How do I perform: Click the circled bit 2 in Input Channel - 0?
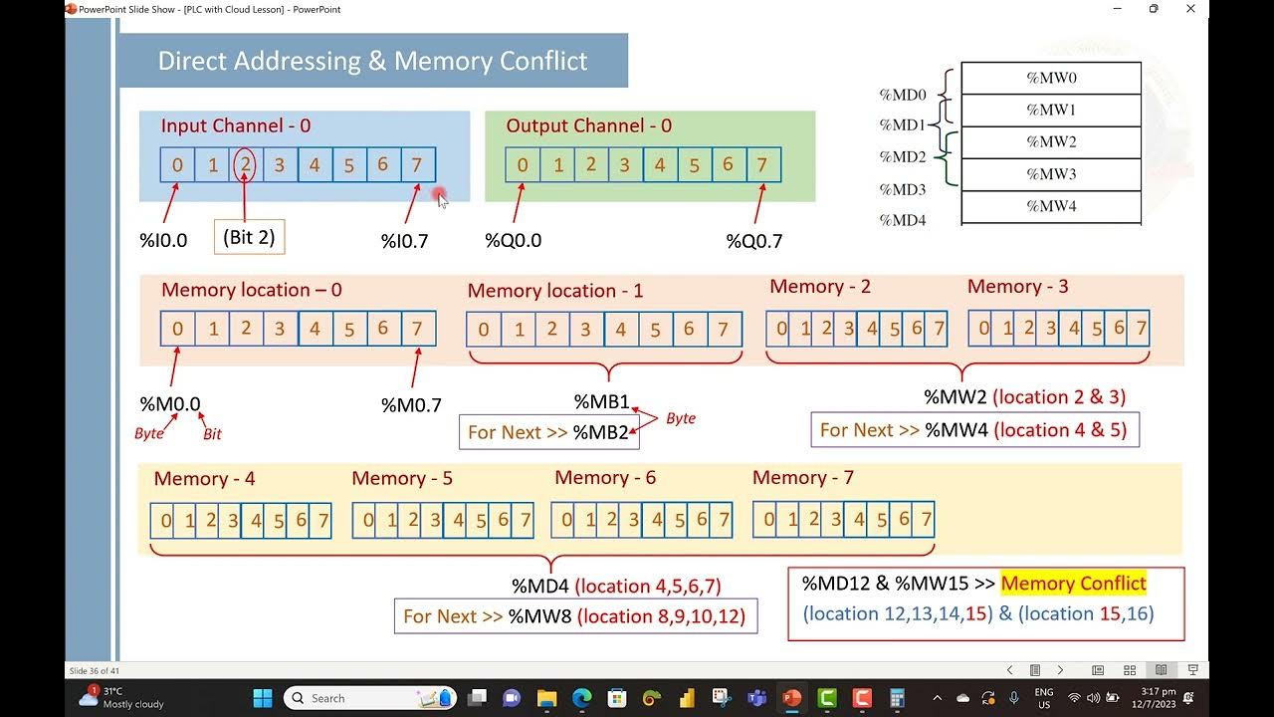coord(245,164)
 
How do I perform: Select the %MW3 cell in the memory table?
coord(1051,174)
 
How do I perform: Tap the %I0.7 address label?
coord(404,241)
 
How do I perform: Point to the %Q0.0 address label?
coord(513,241)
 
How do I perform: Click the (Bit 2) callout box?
coord(249,237)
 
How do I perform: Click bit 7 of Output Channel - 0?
coord(761,164)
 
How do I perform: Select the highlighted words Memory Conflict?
coord(1073,584)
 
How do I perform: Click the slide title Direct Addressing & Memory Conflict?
coord(372,61)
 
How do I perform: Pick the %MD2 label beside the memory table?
coord(902,157)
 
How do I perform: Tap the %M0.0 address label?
coord(170,404)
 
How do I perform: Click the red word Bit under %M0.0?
coord(212,434)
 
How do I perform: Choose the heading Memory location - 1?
coord(554,291)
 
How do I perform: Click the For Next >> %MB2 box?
coord(548,432)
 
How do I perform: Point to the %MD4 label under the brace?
coord(540,586)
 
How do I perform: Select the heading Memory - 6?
coord(604,478)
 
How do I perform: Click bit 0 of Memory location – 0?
coord(177,329)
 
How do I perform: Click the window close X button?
coord(1190,9)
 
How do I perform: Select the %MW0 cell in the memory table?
coord(1051,78)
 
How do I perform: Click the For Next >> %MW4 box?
coord(974,430)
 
